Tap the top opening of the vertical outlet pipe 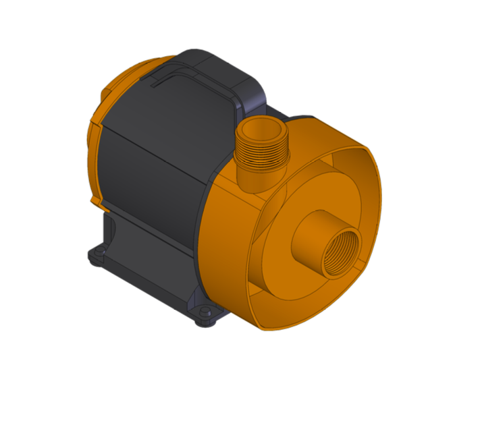[x=262, y=127]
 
